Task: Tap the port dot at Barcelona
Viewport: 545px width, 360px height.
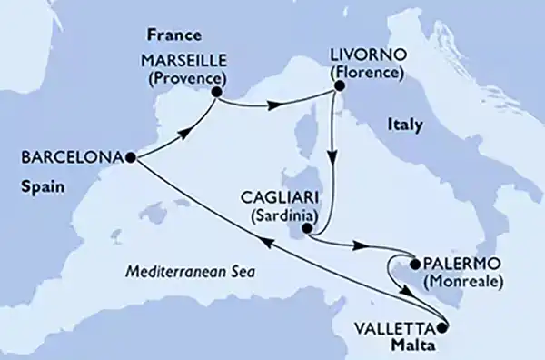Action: [131, 157]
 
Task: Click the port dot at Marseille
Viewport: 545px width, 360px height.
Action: [217, 91]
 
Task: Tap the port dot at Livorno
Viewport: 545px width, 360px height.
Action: [338, 86]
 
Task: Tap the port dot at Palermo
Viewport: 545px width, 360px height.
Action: [415, 265]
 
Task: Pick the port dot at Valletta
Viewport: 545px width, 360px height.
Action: [442, 328]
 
